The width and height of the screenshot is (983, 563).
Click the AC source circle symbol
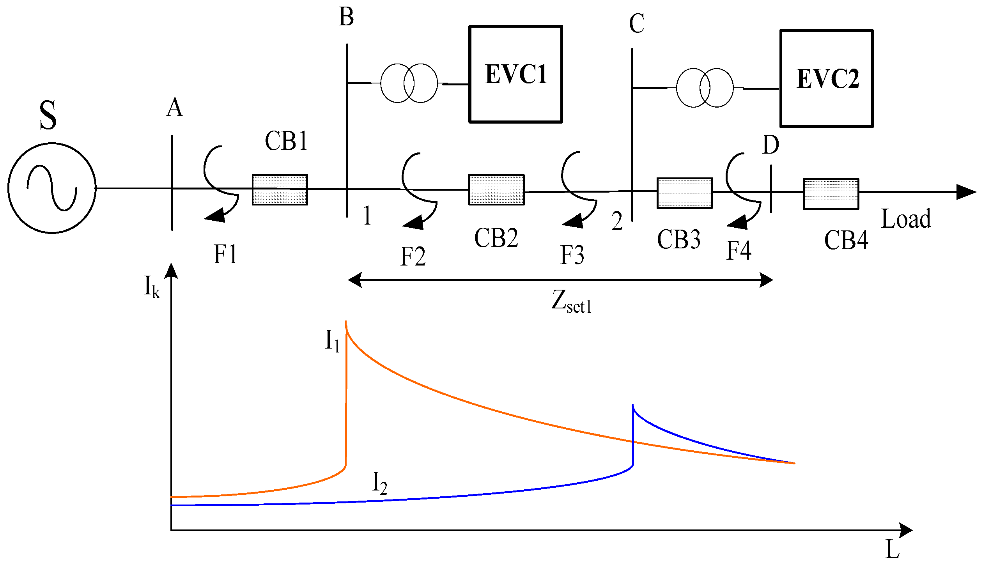pyautogui.click(x=52, y=188)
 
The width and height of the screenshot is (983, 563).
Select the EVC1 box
pyautogui.click(x=515, y=74)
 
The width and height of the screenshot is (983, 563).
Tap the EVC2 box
pyautogui.click(x=827, y=79)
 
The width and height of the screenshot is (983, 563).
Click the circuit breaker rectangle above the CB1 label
pyautogui.click(x=280, y=189)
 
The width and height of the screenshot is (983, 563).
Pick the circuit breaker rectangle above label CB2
pyautogui.click(x=496, y=190)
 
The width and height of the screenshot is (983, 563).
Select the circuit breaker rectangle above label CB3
pyautogui.click(x=684, y=193)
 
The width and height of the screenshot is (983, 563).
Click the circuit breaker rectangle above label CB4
pyautogui.click(x=831, y=194)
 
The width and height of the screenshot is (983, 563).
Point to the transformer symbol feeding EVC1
pyautogui.click(x=409, y=83)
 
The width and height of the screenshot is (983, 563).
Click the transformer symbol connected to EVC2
pyautogui.click(x=705, y=88)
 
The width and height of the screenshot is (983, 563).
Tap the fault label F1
pyautogui.click(x=225, y=255)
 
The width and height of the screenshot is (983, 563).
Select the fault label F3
pyautogui.click(x=572, y=255)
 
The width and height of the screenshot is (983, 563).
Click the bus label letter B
pyautogui.click(x=346, y=18)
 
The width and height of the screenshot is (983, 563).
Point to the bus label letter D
pyautogui.click(x=770, y=145)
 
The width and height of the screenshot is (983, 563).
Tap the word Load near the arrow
pyautogui.click(x=906, y=219)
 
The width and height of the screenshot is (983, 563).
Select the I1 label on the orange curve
pyautogui.click(x=332, y=340)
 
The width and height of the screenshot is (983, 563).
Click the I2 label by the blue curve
pyautogui.click(x=380, y=483)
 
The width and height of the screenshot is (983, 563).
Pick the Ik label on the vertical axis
pyautogui.click(x=152, y=287)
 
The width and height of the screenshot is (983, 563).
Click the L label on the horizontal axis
pyautogui.click(x=893, y=550)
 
